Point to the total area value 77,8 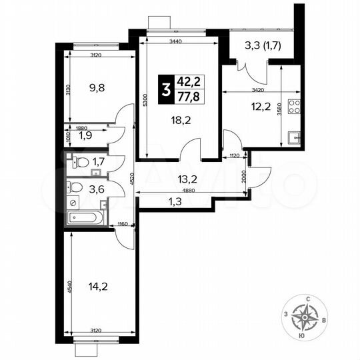pyautogui.click(x=189, y=97)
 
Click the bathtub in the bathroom pyautogui.click(x=84, y=217)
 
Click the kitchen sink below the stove pyautogui.click(x=294, y=138)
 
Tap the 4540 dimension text pyautogui.click(x=69, y=286)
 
